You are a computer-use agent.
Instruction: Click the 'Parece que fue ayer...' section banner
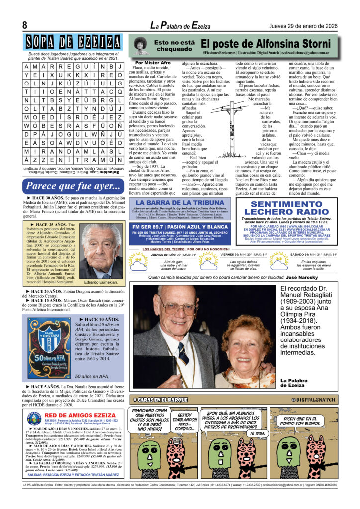[75, 186]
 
